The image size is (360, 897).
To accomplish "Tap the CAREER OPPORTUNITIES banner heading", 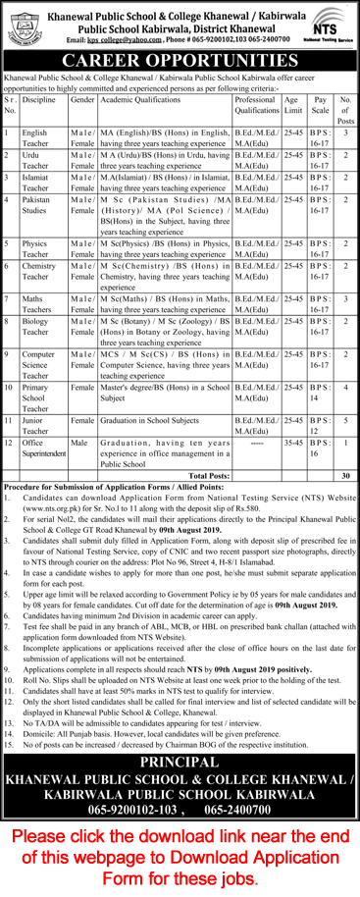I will (x=180, y=63).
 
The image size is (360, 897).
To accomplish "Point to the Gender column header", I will (x=82, y=101).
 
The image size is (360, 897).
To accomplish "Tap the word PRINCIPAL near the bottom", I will (x=180, y=734).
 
